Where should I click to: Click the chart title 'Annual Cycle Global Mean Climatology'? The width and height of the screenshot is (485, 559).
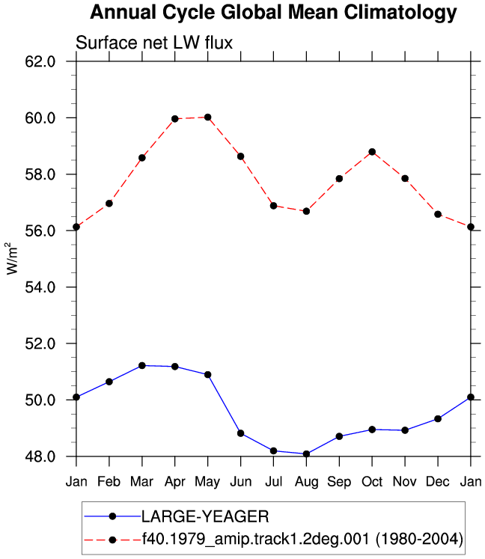pos(273,13)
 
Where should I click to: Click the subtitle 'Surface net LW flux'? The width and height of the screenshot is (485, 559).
pos(154,43)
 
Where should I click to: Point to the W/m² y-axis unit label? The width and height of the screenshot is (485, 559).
pos(11,258)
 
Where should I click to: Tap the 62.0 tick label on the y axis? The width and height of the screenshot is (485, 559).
pos(40,61)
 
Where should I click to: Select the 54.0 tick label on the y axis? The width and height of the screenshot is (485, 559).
pos(40,287)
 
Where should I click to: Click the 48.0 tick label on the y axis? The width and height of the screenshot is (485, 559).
pos(40,456)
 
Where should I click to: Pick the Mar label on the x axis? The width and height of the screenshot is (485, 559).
pos(141,482)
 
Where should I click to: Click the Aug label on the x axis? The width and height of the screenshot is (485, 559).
pos(306,483)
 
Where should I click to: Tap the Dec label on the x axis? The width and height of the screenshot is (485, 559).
pos(438,482)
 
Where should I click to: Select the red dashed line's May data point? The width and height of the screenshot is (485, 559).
pos(208,117)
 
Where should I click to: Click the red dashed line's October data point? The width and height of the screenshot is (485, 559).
pos(372,152)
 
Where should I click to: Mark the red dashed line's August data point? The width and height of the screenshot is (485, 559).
pos(306,212)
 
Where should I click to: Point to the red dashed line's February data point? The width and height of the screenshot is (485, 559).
pos(109,204)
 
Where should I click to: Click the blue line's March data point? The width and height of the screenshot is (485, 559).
pos(142,365)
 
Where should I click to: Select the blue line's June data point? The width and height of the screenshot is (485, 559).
pos(241,433)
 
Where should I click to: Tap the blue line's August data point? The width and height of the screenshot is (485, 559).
pos(306,453)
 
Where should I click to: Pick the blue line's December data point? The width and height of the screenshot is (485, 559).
pos(438,419)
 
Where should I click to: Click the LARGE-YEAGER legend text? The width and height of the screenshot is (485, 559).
pos(205,516)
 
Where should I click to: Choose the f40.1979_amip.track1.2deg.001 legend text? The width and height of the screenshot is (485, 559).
pos(256,539)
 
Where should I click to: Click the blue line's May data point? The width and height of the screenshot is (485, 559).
pos(208,375)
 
